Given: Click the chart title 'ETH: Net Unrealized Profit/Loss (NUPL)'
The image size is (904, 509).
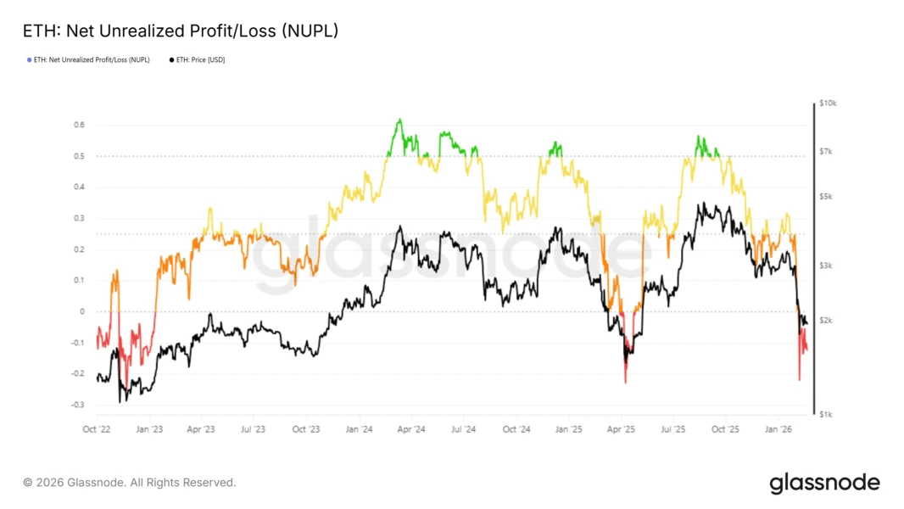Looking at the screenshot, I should coord(181,31).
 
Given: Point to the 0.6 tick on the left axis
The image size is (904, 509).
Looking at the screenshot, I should coord(79,125).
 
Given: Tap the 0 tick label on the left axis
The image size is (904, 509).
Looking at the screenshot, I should coord(82,311).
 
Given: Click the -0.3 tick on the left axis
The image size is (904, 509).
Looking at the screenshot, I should coord(77,405).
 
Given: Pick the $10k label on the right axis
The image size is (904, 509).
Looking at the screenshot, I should coord(829,103).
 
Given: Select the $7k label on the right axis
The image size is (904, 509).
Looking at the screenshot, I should coord(827,151).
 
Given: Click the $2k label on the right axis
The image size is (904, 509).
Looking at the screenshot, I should coord(827,320).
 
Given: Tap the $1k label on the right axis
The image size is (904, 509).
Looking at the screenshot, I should coord(827,414).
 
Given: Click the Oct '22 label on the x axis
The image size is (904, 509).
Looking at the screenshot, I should coord(98,429).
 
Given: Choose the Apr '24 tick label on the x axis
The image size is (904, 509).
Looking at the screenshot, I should coord(411,429).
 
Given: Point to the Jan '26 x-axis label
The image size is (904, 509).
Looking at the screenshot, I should coord(778,429).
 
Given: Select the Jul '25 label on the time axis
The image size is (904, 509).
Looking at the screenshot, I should coord(673,429).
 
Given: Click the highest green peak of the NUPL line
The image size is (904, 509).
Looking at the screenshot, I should coord(399,120).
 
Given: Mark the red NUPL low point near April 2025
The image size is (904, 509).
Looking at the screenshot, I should coord(625,382).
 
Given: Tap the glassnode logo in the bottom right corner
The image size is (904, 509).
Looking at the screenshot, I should coord(824,484).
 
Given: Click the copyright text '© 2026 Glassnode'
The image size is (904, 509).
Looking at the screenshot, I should coord(129,483).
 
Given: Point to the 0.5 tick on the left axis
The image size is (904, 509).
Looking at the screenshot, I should coord(79,156).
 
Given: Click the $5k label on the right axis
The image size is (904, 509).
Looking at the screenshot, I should coord(827,197).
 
